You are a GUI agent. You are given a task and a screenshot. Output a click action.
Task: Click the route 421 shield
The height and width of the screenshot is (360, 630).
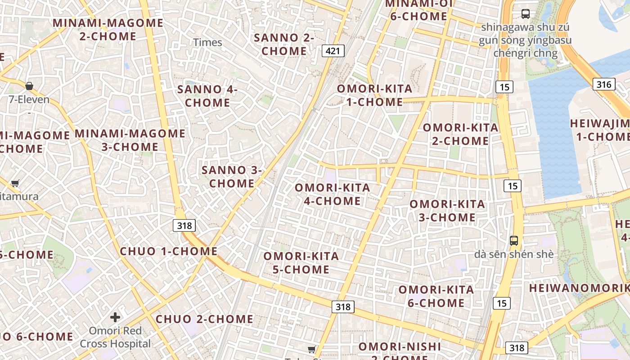(x=333, y=51)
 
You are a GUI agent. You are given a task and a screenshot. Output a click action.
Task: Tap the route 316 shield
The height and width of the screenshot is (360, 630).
(x=603, y=84)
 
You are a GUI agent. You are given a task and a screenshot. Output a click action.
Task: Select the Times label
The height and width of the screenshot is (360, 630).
(x=208, y=42)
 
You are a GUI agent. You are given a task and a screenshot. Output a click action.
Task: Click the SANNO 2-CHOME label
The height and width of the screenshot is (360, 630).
(x=284, y=44)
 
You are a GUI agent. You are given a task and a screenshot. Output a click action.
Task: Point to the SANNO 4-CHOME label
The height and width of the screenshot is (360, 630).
(x=207, y=96)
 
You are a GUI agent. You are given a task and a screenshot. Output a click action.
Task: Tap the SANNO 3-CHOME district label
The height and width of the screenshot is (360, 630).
(x=232, y=176)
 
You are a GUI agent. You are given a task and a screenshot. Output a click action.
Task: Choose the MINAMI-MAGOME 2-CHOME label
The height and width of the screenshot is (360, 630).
(x=108, y=29)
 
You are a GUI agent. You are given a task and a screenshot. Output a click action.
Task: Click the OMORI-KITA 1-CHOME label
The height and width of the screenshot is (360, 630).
(x=374, y=95)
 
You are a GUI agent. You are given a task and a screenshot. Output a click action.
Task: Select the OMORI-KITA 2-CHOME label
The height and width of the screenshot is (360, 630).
(x=460, y=134)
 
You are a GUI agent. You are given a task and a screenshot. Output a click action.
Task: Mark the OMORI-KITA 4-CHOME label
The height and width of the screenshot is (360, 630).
(x=333, y=194)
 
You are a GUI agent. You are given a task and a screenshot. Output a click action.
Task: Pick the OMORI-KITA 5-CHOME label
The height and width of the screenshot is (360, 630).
(x=301, y=263)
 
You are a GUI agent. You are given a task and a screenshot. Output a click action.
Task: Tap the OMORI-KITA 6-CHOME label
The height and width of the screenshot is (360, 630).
(x=436, y=296)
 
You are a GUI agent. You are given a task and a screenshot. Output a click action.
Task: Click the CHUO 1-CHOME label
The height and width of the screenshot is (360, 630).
(x=169, y=251)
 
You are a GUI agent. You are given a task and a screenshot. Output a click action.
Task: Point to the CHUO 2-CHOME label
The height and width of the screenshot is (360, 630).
(x=205, y=319)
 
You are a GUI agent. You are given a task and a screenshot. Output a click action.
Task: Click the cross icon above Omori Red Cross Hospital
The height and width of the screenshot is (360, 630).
(x=115, y=317)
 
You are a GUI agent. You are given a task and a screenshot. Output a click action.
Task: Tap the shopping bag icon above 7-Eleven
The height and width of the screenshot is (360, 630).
(x=29, y=85)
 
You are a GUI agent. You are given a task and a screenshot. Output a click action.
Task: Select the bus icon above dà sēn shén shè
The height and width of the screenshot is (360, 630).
(x=514, y=241)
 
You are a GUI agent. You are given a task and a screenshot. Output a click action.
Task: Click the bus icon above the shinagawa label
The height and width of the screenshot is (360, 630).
(x=525, y=13)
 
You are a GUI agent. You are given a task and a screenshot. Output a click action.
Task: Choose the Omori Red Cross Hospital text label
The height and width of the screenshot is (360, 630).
(x=115, y=337)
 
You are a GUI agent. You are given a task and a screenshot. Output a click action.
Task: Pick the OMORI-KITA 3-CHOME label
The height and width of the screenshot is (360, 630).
(x=447, y=211)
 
